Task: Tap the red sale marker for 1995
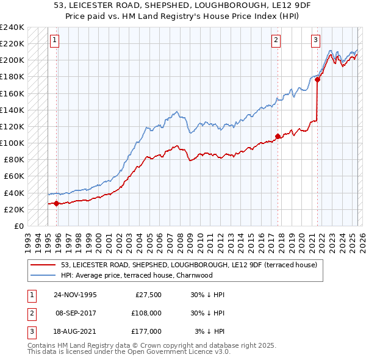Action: point(57,203)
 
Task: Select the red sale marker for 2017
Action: point(278,136)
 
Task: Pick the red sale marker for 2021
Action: point(318,79)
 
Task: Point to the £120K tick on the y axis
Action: point(12,126)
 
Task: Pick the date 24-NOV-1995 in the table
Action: point(75,295)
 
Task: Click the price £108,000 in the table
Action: point(147,313)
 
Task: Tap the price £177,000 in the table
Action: point(147,331)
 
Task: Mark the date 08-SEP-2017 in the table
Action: point(75,313)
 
